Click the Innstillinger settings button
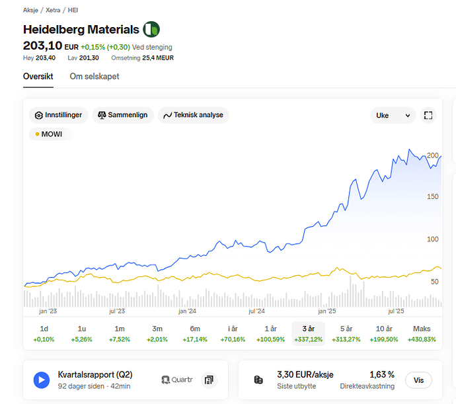(59, 115)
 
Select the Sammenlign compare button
(123, 115)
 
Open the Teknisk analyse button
(193, 115)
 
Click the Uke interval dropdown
(393, 116)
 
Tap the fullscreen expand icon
(428, 116)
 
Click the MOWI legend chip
(49, 134)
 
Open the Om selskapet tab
(95, 77)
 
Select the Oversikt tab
(38, 77)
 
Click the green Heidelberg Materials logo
(152, 29)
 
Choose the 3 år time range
(308, 333)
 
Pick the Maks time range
(422, 333)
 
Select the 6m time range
(195, 333)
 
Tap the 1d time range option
(44, 333)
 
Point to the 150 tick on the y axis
(434, 197)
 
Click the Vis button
(418, 380)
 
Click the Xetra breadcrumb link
(53, 11)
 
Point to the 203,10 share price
(42, 46)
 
